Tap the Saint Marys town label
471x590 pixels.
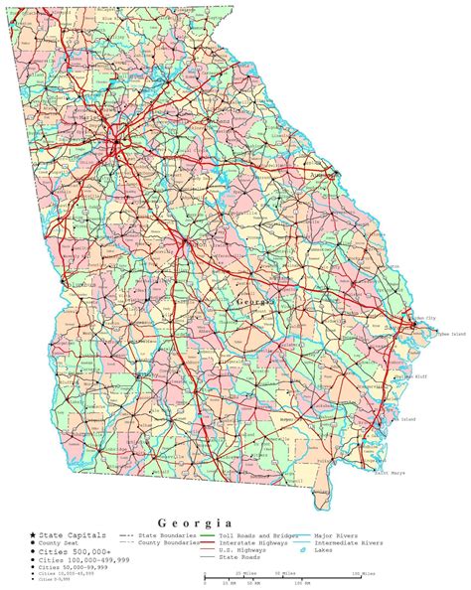(x=390, y=473)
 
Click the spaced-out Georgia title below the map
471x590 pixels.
(x=196, y=522)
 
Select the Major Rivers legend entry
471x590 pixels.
(x=337, y=535)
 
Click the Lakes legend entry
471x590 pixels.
(x=326, y=551)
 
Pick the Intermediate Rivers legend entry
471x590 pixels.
(x=349, y=543)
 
